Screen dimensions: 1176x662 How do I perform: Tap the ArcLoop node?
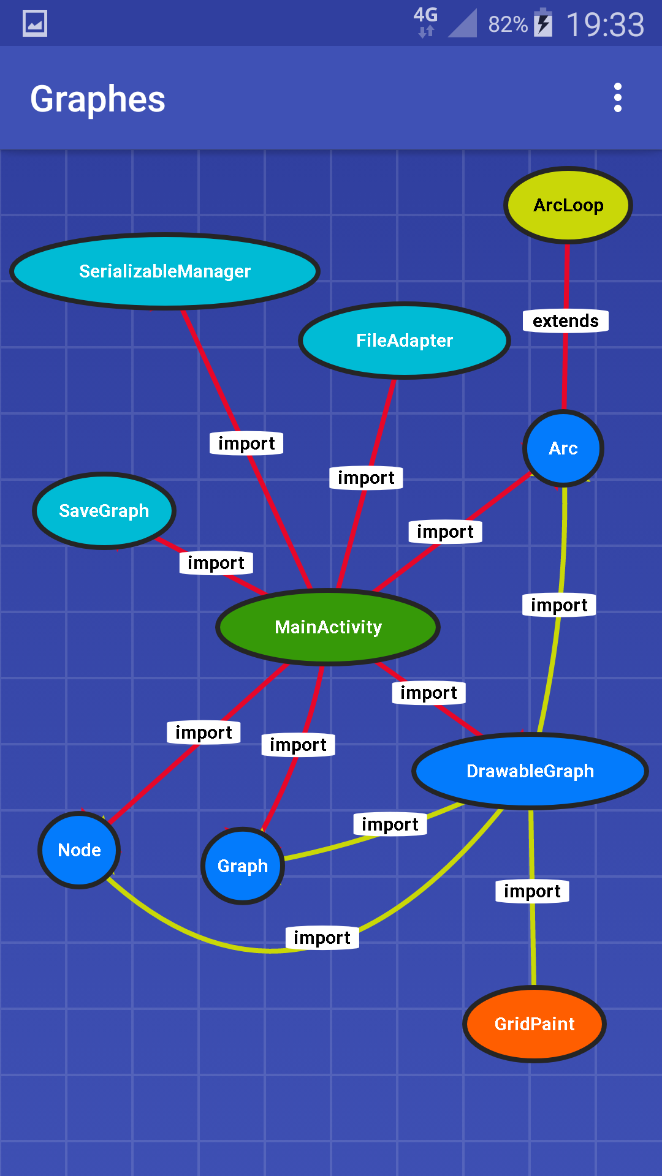[568, 205]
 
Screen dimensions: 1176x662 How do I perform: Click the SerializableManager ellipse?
[165, 271]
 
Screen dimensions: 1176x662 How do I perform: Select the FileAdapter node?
[405, 341]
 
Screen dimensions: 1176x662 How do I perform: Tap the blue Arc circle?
[563, 448]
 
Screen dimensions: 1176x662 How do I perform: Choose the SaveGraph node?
[104, 511]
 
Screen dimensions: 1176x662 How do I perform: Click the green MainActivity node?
[328, 627]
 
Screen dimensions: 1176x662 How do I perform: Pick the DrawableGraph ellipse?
[530, 771]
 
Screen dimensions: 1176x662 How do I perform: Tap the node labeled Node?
[79, 850]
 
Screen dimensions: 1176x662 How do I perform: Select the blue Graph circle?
[243, 866]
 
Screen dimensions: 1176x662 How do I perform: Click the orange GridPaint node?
[535, 1024]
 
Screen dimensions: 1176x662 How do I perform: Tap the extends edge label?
[565, 321]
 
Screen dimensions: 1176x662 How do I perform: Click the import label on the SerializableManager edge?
[246, 443]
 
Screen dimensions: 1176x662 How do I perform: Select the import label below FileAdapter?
[366, 478]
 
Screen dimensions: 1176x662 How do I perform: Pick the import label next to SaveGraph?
[216, 563]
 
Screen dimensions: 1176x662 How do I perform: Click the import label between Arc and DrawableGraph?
[559, 605]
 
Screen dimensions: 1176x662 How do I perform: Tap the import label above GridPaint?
[532, 891]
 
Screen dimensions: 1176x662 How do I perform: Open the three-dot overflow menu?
[618, 98]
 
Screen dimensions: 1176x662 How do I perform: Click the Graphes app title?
[98, 99]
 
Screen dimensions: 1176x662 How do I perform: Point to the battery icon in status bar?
[543, 23]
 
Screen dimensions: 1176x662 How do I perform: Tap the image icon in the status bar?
[35, 24]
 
